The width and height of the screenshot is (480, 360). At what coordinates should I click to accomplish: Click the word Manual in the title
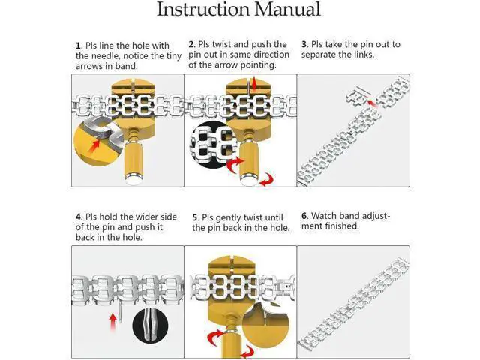288,9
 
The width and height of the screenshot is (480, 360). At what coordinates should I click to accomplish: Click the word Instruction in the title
203,9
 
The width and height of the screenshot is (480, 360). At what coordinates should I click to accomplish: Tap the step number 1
78,46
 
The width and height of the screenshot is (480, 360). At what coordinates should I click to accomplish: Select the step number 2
191,45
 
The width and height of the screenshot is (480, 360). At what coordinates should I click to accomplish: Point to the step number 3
304,45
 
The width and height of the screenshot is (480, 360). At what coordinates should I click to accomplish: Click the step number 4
79,217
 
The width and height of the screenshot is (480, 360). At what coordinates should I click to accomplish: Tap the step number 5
195,217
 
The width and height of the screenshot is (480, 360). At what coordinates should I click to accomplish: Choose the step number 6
304,216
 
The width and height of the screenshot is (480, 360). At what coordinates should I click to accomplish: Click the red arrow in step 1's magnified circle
94,145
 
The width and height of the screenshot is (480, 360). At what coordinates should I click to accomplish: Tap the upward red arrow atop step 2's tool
254,83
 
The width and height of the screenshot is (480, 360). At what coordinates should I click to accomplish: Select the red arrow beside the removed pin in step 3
373,103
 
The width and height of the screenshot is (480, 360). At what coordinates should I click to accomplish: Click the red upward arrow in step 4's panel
113,322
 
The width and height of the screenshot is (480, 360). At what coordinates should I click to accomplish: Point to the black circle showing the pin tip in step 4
150,325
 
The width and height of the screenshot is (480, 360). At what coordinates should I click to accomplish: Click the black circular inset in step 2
211,145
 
